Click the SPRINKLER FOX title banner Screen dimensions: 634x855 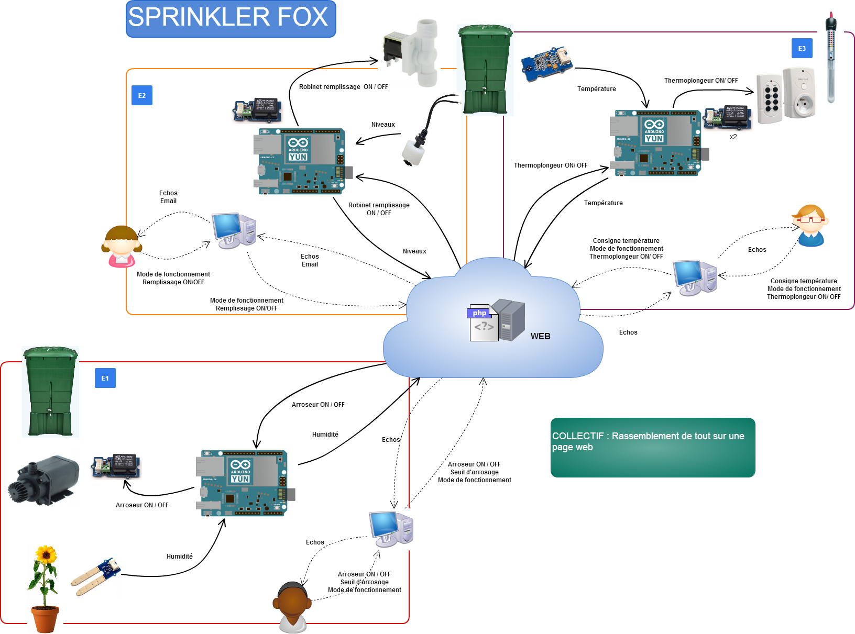pyautogui.click(x=231, y=18)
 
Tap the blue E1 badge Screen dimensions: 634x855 pyautogui.click(x=105, y=378)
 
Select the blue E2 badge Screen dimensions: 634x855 pyautogui.click(x=141, y=95)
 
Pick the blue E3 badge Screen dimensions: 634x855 pyautogui.click(x=802, y=48)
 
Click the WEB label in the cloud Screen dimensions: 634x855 pyautogui.click(x=540, y=336)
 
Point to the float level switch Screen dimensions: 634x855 pyautogui.click(x=414, y=149)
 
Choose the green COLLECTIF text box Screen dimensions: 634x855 pyautogui.click(x=652, y=447)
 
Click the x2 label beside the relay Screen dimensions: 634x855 pyautogui.click(x=733, y=137)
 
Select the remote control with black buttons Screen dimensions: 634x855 pyautogui.click(x=769, y=99)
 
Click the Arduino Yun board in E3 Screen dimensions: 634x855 pyautogui.click(x=658, y=142)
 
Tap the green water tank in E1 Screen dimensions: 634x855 pyautogui.click(x=50, y=391)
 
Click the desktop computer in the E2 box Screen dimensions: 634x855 pyautogui.click(x=234, y=230)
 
